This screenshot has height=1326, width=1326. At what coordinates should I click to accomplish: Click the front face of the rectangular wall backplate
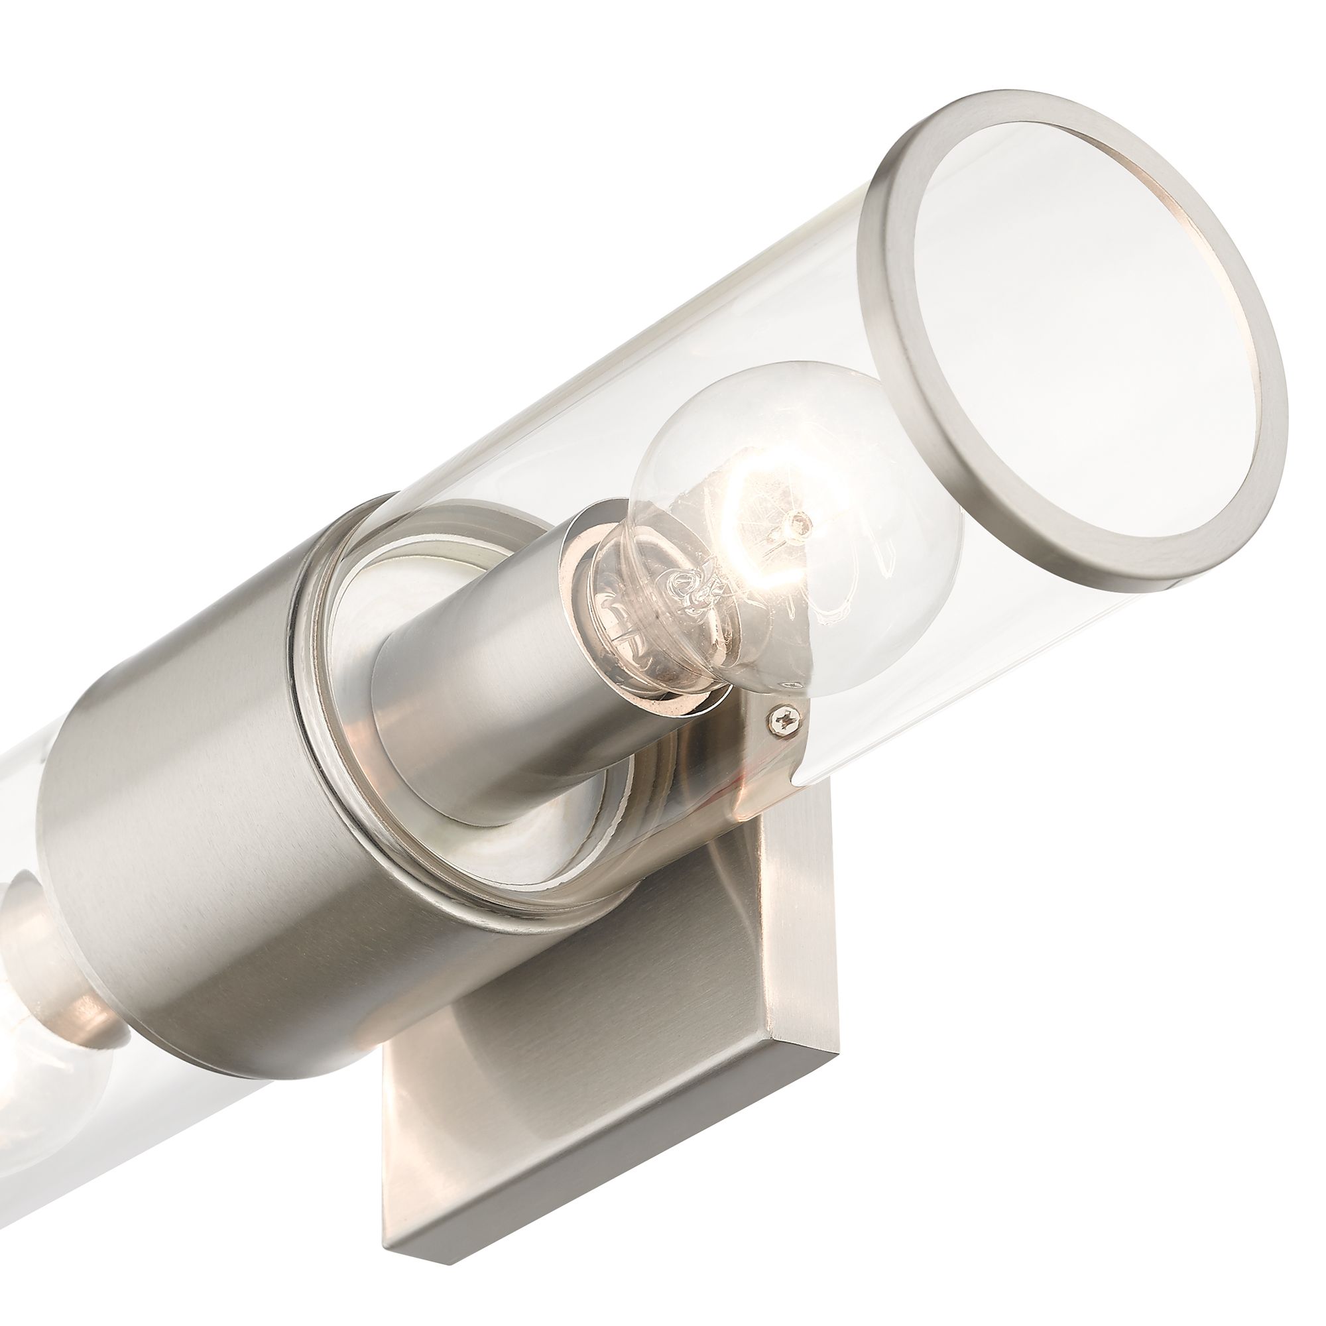[x=549, y=1030]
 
